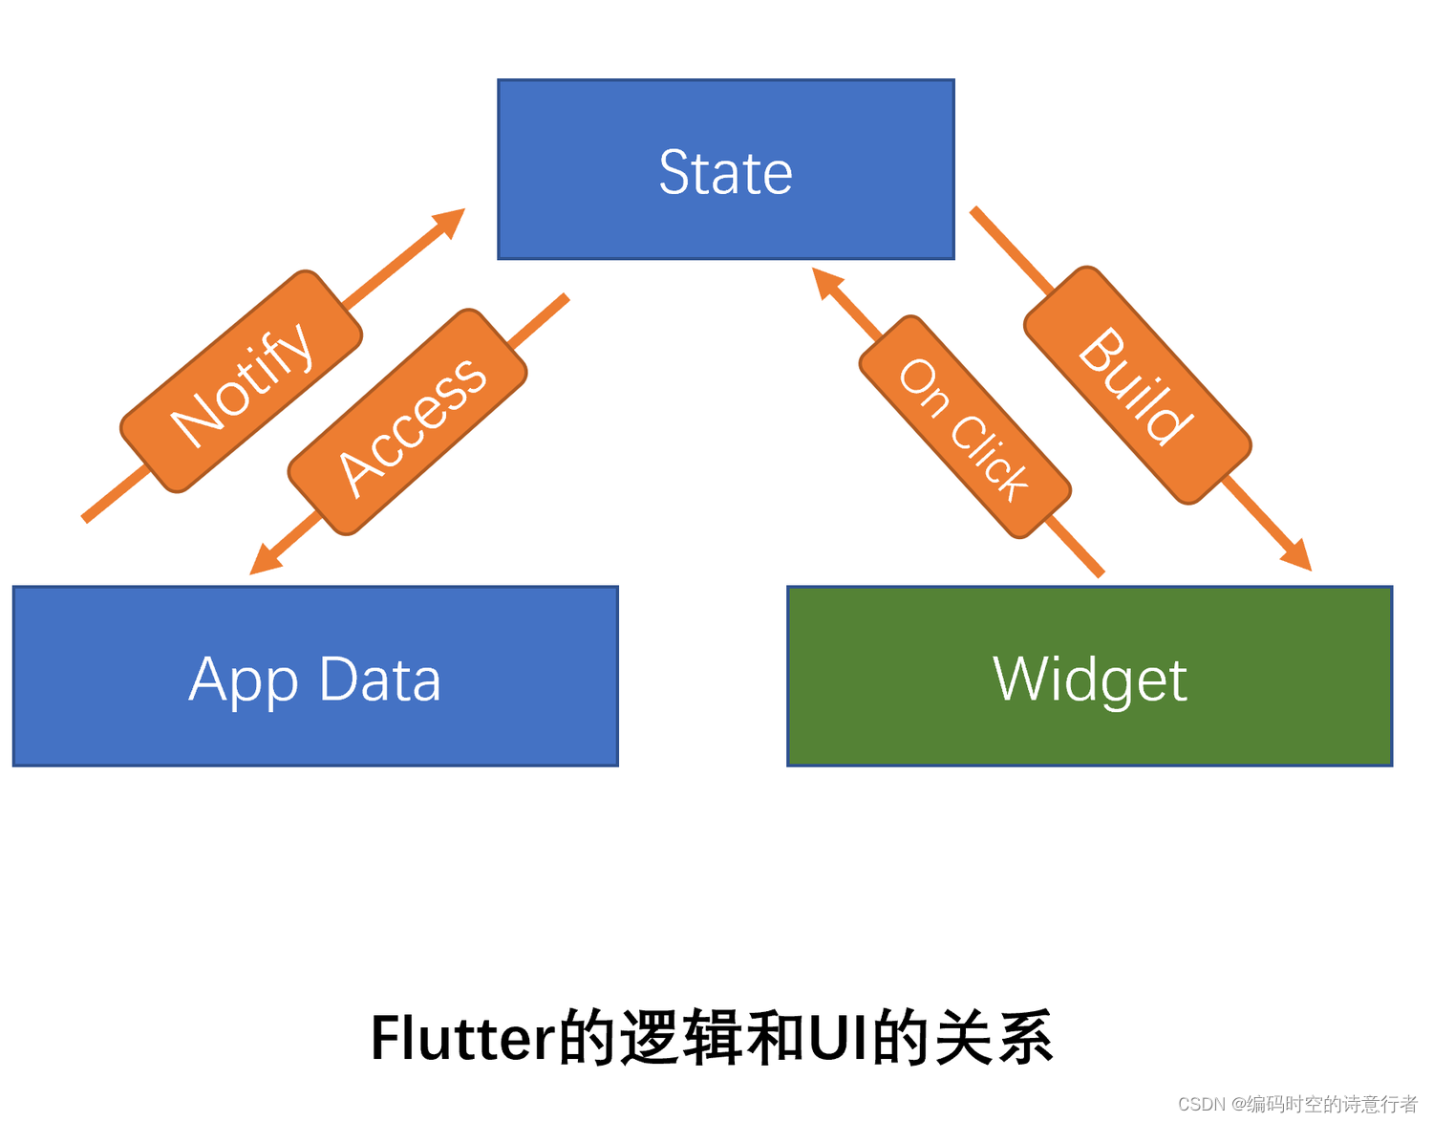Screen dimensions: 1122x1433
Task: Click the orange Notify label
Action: click(242, 382)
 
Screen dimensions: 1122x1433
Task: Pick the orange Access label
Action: click(409, 422)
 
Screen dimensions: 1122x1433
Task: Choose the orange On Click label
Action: click(965, 427)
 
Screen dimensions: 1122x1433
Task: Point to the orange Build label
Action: click(1137, 385)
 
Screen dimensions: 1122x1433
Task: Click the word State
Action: click(726, 173)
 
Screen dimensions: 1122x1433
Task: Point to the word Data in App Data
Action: click(379, 680)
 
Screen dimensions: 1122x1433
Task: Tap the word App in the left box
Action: click(243, 681)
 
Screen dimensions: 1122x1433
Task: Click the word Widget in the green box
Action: click(1089, 680)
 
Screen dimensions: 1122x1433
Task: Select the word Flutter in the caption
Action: click(462, 1039)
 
